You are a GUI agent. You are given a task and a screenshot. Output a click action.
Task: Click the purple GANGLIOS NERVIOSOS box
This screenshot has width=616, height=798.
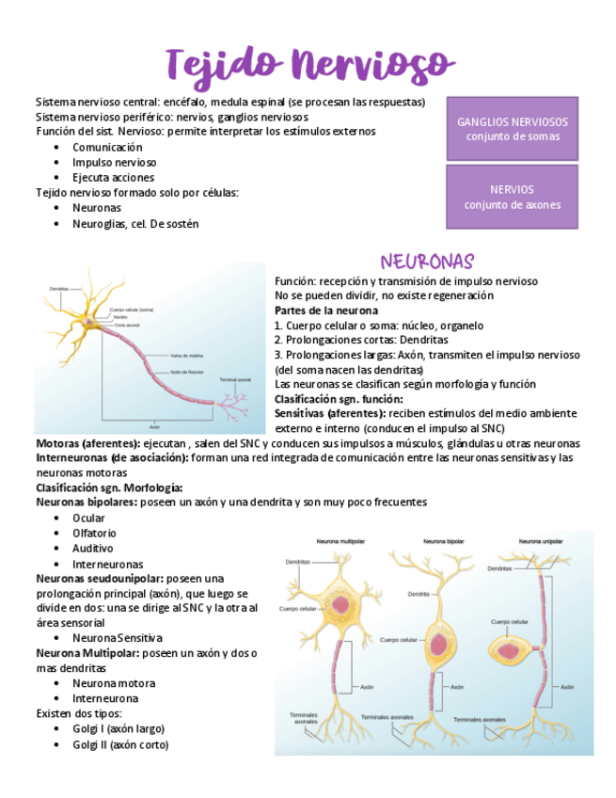pyautogui.click(x=512, y=129)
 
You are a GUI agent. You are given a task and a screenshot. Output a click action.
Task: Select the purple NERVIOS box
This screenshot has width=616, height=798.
pyautogui.click(x=512, y=197)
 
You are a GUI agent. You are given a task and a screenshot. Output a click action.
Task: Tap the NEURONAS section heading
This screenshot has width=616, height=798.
pyautogui.click(x=427, y=261)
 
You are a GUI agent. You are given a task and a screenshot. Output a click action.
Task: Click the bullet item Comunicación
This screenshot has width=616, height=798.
pyautogui.click(x=107, y=147)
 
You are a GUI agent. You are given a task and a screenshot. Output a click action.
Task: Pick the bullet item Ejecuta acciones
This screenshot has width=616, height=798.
pyautogui.click(x=113, y=177)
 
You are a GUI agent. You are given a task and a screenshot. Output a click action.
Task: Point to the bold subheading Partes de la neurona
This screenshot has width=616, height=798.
pyautogui.click(x=326, y=311)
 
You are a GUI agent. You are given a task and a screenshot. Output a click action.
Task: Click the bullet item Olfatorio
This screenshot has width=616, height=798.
pyautogui.click(x=94, y=533)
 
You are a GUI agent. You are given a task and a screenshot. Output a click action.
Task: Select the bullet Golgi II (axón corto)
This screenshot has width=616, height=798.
pyautogui.click(x=120, y=744)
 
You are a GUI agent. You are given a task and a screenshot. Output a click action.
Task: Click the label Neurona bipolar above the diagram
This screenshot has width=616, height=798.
pyautogui.click(x=443, y=543)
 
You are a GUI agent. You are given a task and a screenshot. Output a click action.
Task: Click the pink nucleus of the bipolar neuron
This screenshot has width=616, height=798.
pyautogui.click(x=440, y=646)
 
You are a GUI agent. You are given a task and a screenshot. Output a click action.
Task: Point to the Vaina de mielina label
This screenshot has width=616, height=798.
pyautogui.click(x=187, y=356)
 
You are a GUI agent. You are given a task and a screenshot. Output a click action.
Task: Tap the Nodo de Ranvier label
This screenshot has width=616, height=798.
pyautogui.click(x=189, y=373)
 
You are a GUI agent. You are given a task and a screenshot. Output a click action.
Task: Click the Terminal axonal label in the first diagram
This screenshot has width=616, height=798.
pyautogui.click(x=234, y=379)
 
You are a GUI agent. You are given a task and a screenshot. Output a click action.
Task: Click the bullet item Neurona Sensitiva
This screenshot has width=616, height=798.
pyautogui.click(x=117, y=638)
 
